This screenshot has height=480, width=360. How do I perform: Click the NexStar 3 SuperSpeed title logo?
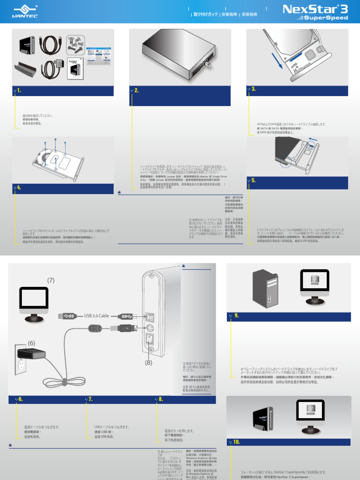[x=315, y=13]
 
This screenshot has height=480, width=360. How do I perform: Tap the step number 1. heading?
[x=19, y=90]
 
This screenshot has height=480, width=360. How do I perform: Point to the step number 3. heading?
[x=253, y=89]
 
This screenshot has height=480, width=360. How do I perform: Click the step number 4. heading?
[x=19, y=187]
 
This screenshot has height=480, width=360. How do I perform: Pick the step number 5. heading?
[x=253, y=180]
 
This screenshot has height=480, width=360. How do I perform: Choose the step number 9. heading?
[x=236, y=315]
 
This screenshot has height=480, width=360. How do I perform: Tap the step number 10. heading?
[x=236, y=442]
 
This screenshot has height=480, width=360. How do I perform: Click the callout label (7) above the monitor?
[x=51, y=280]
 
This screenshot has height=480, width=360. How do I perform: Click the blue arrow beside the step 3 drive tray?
[x=279, y=62]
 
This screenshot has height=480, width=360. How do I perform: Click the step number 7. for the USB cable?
[x=90, y=399]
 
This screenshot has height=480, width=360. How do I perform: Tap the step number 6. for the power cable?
[x=20, y=399]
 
